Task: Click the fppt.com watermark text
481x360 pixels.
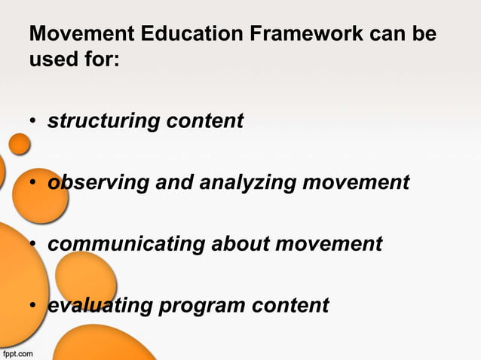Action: point(17,352)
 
